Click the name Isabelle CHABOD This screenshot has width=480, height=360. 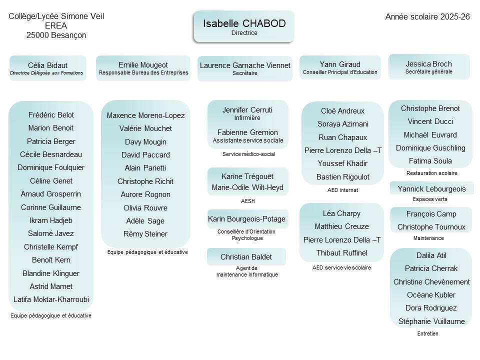243,23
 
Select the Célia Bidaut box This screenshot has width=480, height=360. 47,68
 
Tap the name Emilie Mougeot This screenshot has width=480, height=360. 143,65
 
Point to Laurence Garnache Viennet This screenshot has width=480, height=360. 245,65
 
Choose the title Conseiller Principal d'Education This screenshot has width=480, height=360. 340,72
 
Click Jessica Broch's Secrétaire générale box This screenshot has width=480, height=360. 429,66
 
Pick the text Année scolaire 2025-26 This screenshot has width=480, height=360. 427,16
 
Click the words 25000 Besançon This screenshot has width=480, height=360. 56,35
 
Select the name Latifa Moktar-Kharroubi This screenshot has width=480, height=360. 51,299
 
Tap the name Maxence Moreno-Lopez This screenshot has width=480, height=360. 145,115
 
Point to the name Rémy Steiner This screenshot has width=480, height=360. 145,233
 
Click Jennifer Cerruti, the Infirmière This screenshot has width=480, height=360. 247,110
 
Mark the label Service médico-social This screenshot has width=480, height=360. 248,154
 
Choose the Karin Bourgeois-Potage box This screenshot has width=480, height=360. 247,219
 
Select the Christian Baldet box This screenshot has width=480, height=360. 246,257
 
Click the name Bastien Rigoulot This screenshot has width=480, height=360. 343,176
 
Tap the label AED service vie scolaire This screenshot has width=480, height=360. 341,267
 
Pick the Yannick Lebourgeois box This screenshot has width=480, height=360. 431,188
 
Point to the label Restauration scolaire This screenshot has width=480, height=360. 431,173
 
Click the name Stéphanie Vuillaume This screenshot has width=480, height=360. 431,321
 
